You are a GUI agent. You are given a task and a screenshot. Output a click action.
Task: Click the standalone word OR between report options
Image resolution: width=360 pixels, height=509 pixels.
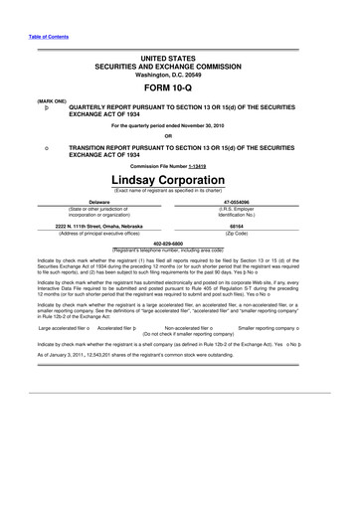179,135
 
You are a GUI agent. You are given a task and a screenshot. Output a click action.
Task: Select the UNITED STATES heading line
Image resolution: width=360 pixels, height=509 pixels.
179,60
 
